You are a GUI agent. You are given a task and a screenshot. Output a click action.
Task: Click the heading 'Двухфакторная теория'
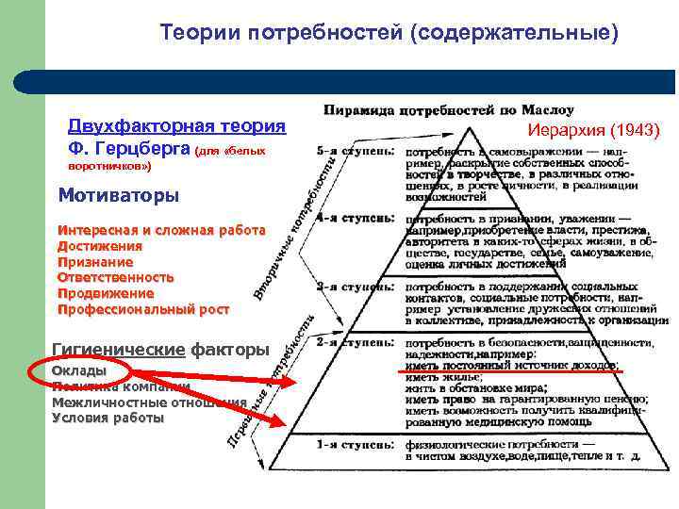point(176,126)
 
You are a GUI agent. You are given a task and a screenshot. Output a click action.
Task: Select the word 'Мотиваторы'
point(118,196)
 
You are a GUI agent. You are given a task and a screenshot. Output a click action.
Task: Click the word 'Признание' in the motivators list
point(95,262)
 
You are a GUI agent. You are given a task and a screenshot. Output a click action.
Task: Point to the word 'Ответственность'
point(116,278)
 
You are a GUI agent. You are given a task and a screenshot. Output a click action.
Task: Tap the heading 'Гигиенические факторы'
point(160,350)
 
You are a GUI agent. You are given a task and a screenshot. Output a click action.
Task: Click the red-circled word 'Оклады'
point(79,370)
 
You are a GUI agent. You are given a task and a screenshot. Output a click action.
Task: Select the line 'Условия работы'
point(108,418)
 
